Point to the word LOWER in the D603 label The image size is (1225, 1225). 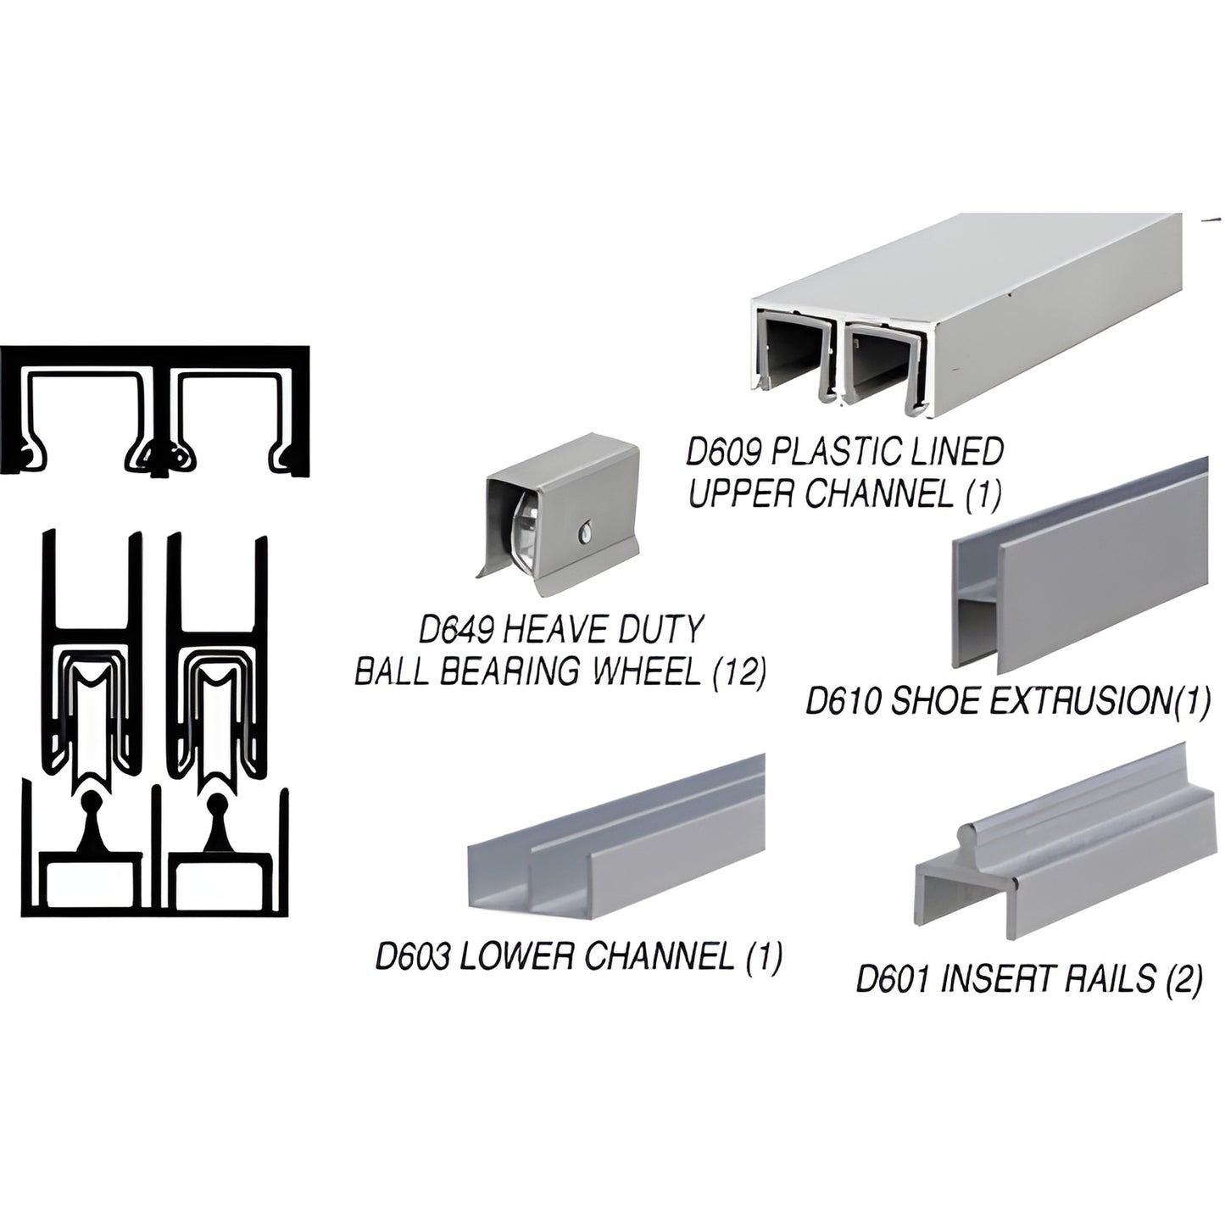516,956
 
